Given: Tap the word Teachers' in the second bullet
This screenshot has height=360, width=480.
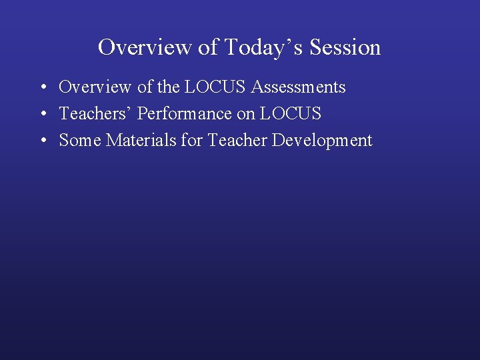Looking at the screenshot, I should (x=95, y=114).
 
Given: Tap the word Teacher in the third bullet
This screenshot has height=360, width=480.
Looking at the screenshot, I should (x=237, y=141).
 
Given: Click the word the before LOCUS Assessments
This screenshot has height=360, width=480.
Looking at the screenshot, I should (x=169, y=87).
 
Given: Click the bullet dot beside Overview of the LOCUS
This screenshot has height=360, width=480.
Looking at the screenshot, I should (x=42, y=88).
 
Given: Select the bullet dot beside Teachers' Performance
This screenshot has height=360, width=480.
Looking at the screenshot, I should (x=42, y=115).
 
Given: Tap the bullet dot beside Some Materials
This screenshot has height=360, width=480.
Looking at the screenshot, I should (x=42, y=141).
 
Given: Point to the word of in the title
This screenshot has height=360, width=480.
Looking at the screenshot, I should (x=207, y=47).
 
